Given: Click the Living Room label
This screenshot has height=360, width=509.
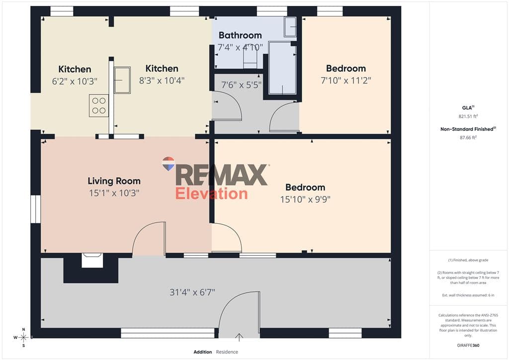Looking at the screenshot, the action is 114,181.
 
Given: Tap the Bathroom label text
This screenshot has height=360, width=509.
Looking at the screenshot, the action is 240,35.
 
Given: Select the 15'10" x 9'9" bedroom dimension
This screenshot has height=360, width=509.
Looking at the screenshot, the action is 305,199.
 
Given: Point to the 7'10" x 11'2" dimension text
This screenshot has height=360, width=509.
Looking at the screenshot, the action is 346,80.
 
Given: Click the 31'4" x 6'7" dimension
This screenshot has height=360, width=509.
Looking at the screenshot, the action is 192,292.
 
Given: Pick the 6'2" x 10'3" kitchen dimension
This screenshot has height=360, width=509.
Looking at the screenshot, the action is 75,81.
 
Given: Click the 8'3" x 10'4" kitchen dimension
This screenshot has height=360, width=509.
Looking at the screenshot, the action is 162,80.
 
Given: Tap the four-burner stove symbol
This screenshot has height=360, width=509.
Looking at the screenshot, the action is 99,105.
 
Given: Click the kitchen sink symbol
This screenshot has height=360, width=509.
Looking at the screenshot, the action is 122,80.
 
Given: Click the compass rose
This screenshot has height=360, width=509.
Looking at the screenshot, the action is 23,338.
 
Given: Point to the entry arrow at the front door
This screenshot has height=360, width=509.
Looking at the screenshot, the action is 239,337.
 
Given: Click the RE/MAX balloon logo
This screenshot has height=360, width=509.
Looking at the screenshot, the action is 169,164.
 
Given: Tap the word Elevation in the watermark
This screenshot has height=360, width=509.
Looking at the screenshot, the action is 211,193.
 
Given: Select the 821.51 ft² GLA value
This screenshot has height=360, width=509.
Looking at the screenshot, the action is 468,116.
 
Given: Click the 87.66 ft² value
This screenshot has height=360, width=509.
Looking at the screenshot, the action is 468,137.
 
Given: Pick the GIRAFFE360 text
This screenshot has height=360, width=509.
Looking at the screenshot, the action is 468,346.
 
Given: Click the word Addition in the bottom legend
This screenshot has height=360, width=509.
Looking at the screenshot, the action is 203,352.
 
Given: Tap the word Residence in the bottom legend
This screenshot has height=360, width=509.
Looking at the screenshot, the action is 227,352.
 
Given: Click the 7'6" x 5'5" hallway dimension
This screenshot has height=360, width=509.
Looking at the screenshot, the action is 241,85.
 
